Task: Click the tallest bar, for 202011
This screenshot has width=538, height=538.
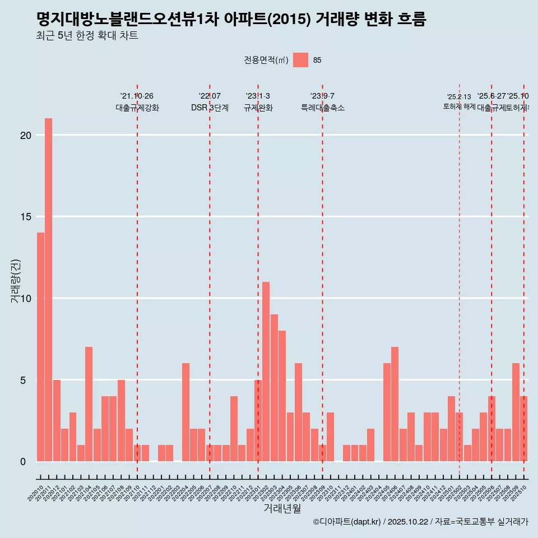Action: coord(49,290)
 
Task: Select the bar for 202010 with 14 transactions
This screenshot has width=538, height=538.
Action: coord(40,347)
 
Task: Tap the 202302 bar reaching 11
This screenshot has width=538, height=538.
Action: coord(266,372)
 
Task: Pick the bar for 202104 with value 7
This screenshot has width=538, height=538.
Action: coord(89,404)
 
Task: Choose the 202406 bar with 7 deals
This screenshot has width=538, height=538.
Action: coord(395,404)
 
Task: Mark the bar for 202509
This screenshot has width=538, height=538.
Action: coord(516,412)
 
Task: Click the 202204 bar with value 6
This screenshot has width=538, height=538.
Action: coord(185,412)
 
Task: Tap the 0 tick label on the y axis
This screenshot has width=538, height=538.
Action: coord(23,462)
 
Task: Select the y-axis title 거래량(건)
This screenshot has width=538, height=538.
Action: coord(16,281)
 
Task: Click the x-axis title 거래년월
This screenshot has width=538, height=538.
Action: coord(282,509)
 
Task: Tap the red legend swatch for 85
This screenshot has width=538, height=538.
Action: coord(300,60)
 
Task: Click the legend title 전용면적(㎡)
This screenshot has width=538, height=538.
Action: coord(266,60)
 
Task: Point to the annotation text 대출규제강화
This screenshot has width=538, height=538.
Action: coord(137,108)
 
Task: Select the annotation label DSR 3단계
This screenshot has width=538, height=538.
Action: coord(210,108)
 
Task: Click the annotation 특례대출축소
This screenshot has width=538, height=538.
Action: coord(322,108)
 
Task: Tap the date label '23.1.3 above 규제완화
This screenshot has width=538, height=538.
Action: coord(258,96)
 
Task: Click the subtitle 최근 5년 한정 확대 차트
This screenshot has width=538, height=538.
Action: coord(87,36)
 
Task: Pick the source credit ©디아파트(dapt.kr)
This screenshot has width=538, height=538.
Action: coord(347,522)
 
